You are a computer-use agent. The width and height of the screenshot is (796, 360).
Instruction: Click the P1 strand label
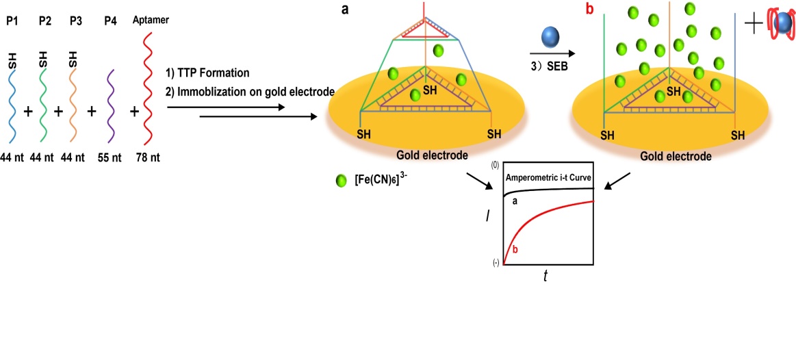coord(11,21)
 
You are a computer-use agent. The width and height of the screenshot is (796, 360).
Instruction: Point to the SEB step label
coord(555,66)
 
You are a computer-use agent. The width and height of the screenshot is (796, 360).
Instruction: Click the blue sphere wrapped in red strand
coord(780,25)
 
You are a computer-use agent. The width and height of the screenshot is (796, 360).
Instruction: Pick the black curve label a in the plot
coord(515,201)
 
